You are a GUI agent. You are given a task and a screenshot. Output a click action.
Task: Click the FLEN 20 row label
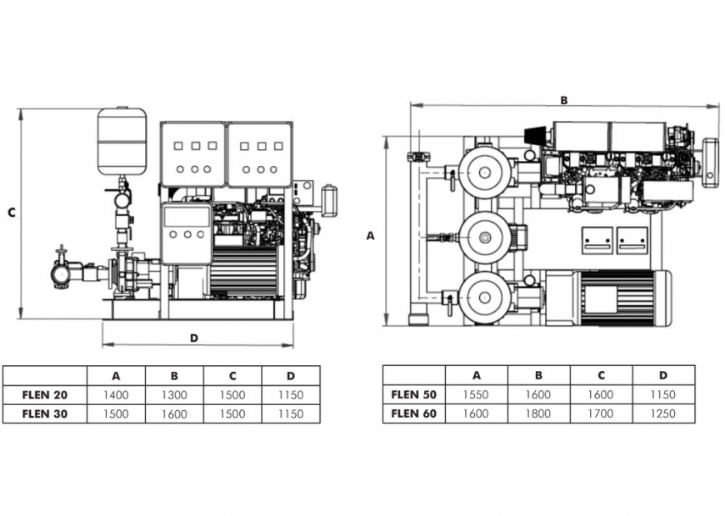tap(45, 395)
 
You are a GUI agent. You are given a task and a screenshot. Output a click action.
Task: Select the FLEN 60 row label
tap(413, 413)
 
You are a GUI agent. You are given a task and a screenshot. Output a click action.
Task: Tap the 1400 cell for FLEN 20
tap(116, 395)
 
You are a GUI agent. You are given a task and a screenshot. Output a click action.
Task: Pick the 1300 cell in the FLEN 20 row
tap(174, 395)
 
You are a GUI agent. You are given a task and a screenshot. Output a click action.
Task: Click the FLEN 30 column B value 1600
tap(174, 413)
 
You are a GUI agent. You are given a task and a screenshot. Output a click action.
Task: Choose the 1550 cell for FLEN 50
tap(477, 395)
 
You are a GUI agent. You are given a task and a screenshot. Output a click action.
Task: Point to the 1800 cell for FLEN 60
tap(538, 413)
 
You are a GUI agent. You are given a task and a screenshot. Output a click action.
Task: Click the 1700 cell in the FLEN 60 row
tap(601, 413)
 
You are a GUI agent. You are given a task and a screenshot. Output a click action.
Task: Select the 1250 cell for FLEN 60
tap(663, 413)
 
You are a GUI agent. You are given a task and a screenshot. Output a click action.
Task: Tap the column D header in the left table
tap(291, 376)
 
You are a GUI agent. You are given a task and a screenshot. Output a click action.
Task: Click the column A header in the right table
tap(477, 375)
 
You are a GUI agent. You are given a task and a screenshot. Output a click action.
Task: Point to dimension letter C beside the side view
tap(12, 213)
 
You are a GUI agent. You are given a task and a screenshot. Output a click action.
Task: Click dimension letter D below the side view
tap(193, 338)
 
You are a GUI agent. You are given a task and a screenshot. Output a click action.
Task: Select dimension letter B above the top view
tap(563, 100)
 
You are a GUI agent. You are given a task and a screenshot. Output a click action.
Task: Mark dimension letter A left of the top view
tap(371, 236)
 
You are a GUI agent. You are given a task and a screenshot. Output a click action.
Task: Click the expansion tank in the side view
tap(122, 141)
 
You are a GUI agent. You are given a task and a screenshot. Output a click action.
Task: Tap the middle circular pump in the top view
tap(485, 237)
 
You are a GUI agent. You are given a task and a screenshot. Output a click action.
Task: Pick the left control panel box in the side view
tap(192, 154)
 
